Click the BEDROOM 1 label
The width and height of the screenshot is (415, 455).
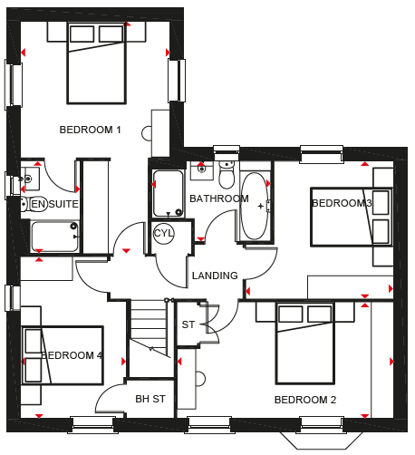(90, 130)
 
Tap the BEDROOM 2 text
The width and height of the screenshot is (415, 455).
(305, 400)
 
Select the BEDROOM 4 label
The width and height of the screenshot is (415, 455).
(72, 355)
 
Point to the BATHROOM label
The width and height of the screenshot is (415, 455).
(219, 198)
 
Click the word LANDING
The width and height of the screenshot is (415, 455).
(215, 276)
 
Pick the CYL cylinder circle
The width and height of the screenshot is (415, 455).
(163, 233)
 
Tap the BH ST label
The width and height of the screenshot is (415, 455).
(150, 399)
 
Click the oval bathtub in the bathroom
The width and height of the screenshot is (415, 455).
(255, 206)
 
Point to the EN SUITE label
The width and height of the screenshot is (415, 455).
(54, 204)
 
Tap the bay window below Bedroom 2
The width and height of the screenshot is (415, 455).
(322, 440)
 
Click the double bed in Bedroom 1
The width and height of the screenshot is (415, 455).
(96, 63)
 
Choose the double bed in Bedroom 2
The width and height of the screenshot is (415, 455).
(305, 344)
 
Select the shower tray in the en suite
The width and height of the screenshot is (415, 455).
(54, 237)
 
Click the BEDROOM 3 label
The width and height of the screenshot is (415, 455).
(342, 203)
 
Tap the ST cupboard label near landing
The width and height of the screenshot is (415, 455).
(188, 324)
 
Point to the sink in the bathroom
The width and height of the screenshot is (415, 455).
(202, 170)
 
